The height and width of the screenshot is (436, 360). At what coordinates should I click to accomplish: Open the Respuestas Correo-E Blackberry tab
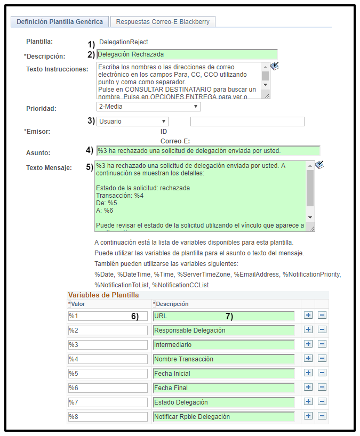point(163,22)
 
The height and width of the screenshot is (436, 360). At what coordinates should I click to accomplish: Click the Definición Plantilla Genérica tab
point(60,22)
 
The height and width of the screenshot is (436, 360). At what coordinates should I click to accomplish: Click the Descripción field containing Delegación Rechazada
point(187,54)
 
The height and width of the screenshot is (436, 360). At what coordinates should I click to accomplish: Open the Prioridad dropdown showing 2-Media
point(149,107)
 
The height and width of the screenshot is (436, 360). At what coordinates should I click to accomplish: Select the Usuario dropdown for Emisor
point(133,122)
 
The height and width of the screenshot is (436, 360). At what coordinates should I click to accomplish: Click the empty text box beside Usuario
point(247,122)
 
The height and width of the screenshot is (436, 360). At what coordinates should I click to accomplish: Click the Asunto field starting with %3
point(209,150)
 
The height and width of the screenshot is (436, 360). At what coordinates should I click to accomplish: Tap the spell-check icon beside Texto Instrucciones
point(275,66)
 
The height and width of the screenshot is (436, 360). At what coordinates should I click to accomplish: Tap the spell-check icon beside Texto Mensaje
point(319,165)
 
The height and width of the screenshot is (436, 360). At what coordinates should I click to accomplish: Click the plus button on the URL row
point(308,316)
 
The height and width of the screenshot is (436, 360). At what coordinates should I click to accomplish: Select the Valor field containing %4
point(108,359)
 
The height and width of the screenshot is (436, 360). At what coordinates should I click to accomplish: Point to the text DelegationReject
point(124,42)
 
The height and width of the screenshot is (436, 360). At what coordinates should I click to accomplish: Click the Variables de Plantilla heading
point(103,295)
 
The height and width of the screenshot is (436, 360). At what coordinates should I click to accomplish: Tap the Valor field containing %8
point(108,417)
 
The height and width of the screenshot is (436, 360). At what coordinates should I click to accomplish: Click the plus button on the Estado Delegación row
point(308,402)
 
